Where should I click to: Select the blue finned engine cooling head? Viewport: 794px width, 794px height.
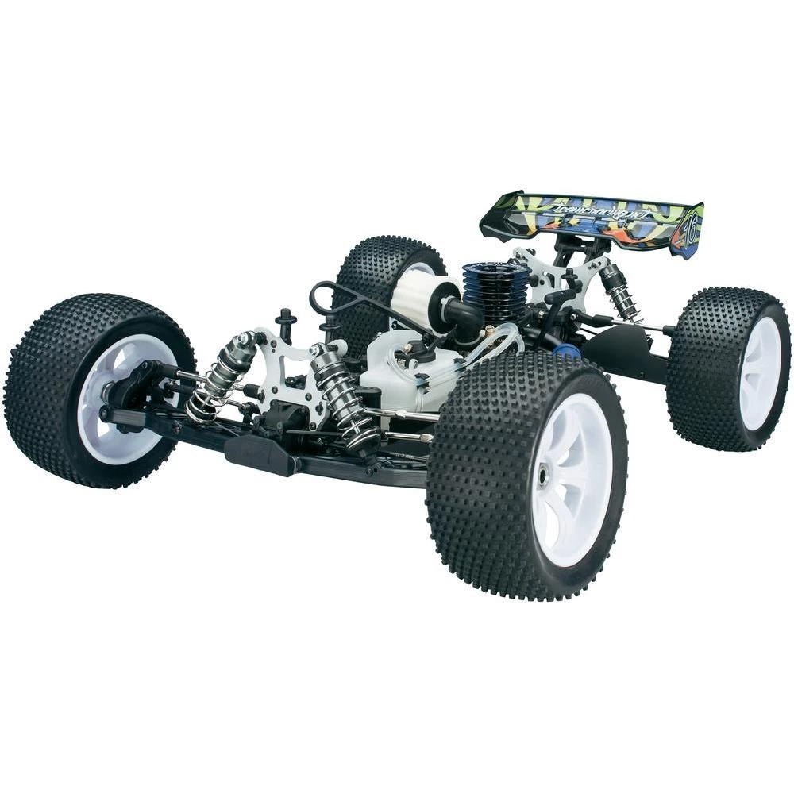tap(497, 289)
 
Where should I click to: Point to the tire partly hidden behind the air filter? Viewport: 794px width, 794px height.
tap(381, 270)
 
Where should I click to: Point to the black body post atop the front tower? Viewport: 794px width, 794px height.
tap(286, 322)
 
